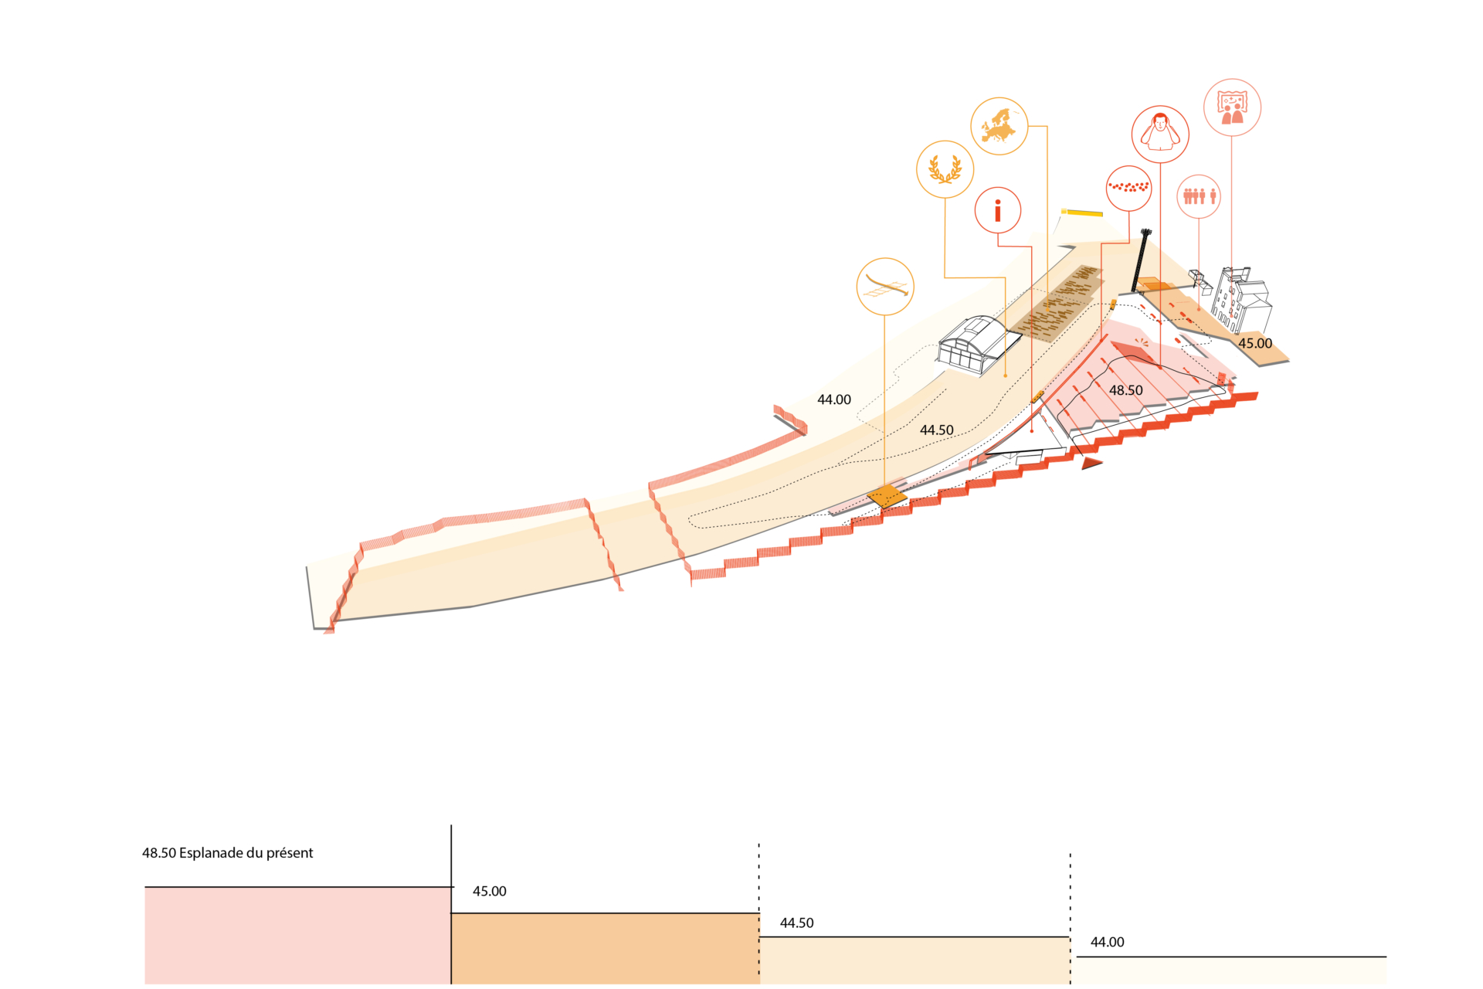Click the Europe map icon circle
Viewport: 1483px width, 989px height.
(x=999, y=126)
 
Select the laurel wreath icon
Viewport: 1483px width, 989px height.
(x=945, y=169)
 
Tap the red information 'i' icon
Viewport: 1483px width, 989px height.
(x=998, y=210)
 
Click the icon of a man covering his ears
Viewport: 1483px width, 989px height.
(x=1160, y=134)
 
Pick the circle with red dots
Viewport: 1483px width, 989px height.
(x=1129, y=188)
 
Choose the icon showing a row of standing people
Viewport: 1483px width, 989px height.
(x=1199, y=196)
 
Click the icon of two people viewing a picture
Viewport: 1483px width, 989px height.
(x=1232, y=107)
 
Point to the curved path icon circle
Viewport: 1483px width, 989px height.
(x=885, y=287)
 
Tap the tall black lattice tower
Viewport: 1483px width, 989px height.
(x=1140, y=260)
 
